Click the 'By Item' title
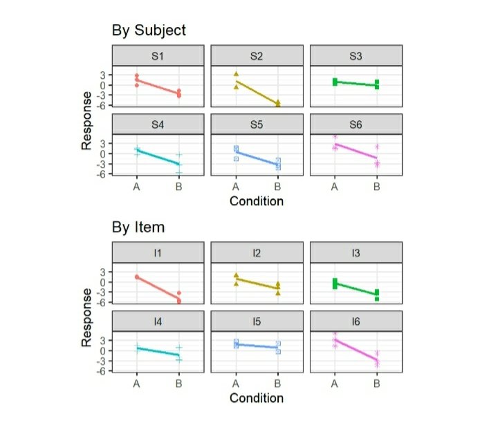(x=138, y=227)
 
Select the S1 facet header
(x=158, y=56)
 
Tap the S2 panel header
(x=257, y=56)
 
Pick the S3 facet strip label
(x=356, y=56)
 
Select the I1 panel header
(x=158, y=253)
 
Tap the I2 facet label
(x=257, y=253)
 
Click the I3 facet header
(x=356, y=253)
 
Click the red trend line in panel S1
(x=158, y=86)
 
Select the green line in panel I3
(x=356, y=288)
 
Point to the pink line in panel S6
(x=356, y=151)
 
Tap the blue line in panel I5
(x=257, y=346)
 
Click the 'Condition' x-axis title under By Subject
(x=257, y=202)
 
